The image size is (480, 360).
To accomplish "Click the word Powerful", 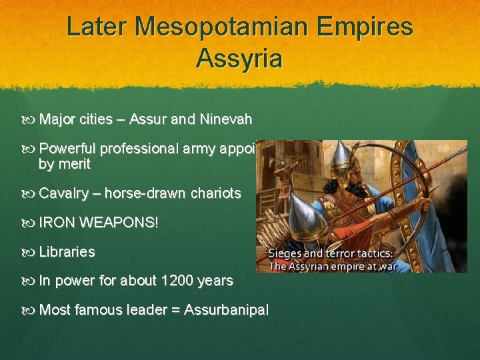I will click(x=68, y=149).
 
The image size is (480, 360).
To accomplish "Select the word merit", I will click(x=74, y=164).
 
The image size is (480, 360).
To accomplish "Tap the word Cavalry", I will click(x=64, y=193).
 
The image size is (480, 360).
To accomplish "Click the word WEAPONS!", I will click(x=119, y=222).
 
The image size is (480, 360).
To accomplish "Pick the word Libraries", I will click(x=67, y=252).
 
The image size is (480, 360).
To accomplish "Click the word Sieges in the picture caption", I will click(x=285, y=253).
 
